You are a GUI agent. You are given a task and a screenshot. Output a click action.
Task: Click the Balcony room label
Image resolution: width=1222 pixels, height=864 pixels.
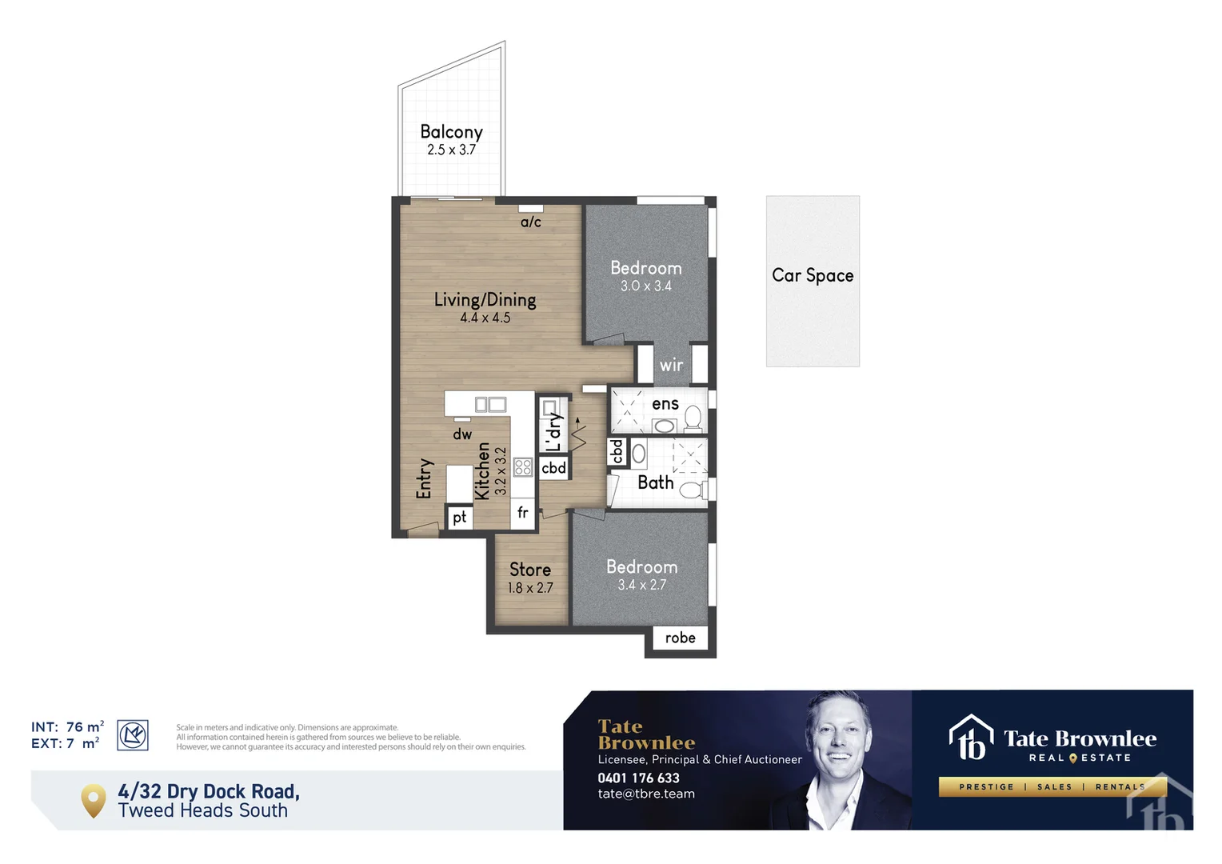click(451, 132)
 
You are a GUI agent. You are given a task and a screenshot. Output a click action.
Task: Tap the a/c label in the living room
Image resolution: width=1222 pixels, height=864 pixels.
click(531, 222)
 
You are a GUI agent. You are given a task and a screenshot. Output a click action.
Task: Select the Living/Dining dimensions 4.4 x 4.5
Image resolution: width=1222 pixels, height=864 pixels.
click(485, 318)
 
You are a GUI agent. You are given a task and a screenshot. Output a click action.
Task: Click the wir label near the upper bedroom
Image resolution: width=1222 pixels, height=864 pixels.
click(671, 366)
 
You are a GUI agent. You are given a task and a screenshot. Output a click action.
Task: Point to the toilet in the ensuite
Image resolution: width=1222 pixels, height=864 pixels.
click(693, 418)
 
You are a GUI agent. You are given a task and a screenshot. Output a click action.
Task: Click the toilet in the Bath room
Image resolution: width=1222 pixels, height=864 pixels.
click(691, 489)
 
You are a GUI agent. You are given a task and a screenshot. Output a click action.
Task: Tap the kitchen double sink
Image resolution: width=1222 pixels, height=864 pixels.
click(490, 405)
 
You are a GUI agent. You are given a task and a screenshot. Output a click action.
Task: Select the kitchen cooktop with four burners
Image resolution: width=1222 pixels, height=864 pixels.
click(523, 467)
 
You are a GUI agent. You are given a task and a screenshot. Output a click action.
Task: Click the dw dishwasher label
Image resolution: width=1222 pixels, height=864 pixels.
click(462, 434)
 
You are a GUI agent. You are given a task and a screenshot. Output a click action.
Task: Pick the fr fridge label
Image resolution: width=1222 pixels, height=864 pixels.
click(523, 513)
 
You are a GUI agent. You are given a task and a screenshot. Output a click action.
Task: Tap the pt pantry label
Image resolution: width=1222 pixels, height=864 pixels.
click(459, 518)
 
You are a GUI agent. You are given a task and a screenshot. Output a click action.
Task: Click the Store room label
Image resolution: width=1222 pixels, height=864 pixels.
click(530, 570)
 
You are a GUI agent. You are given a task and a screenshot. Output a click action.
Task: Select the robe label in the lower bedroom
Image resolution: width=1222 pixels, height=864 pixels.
click(680, 638)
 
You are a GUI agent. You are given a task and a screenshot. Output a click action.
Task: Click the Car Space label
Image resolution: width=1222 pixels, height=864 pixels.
click(813, 275)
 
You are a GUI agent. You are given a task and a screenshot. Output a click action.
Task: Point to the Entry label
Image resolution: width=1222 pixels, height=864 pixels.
click(424, 478)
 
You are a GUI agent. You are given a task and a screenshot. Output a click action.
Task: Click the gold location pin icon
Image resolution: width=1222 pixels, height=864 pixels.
click(94, 799)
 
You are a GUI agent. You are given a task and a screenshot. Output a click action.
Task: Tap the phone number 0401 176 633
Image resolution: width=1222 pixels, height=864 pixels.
click(638, 778)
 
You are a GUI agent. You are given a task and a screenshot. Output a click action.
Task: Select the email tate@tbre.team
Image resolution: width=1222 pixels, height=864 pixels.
click(646, 794)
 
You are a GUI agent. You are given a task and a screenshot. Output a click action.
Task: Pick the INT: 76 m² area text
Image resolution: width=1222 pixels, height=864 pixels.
click(67, 726)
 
